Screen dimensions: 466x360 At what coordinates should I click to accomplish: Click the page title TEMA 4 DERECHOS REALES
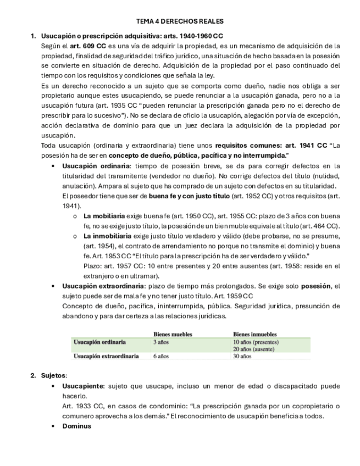(x=180, y=21)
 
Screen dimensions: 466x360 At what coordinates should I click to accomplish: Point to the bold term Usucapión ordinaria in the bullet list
(x=96, y=166)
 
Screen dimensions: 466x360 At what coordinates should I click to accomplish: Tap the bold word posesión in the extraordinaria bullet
(x=318, y=286)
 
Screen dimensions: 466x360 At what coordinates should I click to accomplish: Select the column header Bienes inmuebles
(x=254, y=334)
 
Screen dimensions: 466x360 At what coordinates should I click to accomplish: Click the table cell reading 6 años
(x=161, y=356)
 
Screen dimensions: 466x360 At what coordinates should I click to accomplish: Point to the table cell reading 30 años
(x=242, y=356)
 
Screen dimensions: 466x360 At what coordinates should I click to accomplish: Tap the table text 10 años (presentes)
(x=256, y=342)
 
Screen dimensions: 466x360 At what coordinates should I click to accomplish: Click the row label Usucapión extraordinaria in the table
(x=107, y=356)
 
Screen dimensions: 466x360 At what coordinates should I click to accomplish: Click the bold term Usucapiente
(x=83, y=386)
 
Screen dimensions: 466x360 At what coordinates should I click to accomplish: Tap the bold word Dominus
(x=76, y=426)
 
